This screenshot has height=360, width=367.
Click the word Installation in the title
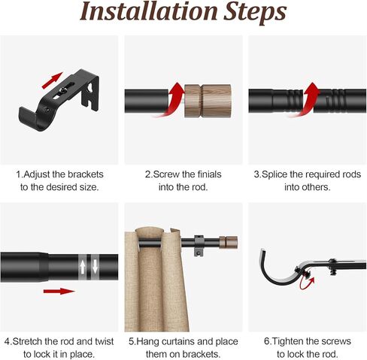click(149, 11)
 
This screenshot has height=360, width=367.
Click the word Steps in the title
click(255, 13)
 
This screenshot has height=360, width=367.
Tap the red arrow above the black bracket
click(52, 80)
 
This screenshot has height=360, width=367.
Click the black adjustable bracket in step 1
click(59, 99)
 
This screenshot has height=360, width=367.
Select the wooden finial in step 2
click(208, 101)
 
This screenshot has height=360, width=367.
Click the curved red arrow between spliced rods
click(305, 100)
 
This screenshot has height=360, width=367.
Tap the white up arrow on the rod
click(83, 267)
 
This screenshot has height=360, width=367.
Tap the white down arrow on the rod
click(95, 267)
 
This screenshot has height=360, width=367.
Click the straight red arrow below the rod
click(59, 291)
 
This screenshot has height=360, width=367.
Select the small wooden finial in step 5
click(228, 242)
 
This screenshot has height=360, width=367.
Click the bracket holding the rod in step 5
click(199, 246)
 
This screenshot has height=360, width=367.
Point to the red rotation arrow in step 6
click(307, 283)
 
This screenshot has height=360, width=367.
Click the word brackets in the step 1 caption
click(86, 174)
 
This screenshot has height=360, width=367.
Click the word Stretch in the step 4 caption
click(27, 341)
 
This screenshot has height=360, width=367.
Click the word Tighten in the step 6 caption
click(288, 342)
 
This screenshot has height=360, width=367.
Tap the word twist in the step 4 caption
click(105, 341)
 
